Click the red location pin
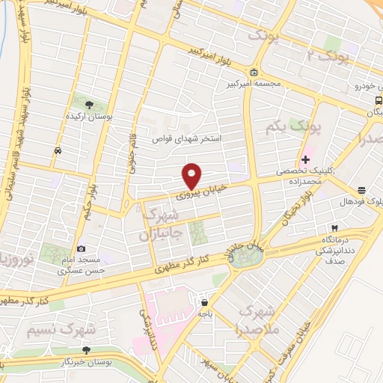[x=192, y=175]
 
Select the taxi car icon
[x=58, y=150]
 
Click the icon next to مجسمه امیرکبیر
[x=254, y=73]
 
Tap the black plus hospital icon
[x=305, y=159]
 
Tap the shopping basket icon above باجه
[x=203, y=303]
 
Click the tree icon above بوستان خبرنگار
[x=87, y=349]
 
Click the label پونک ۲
[x=329, y=55]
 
